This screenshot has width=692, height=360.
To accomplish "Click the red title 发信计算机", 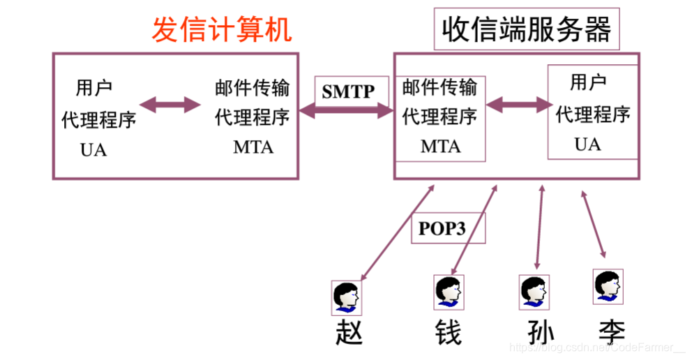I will tap(222, 30).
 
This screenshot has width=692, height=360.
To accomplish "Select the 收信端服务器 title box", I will tap(527, 29).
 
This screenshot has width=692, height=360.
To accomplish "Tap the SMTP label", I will tap(348, 91).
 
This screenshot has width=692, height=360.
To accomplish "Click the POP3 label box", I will tap(442, 228).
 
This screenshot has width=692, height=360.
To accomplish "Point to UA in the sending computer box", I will tap(93, 149).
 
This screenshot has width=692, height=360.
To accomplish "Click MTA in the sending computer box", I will tap(253, 147).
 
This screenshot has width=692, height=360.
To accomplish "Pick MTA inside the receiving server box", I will tap(440, 147).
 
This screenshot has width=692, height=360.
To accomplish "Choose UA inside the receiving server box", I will tap(587, 144).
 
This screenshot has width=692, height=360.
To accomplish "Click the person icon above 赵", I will tap(347, 297).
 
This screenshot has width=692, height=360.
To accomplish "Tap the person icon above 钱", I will tap(449, 291).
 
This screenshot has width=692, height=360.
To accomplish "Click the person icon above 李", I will tap(608, 286).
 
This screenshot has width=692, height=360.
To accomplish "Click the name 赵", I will tap(349, 331).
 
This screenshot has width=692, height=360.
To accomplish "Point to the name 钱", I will tap(448, 332).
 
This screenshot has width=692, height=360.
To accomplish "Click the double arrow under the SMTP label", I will tap(347, 109).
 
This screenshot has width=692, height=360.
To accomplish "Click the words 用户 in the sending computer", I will tap(93, 89).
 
